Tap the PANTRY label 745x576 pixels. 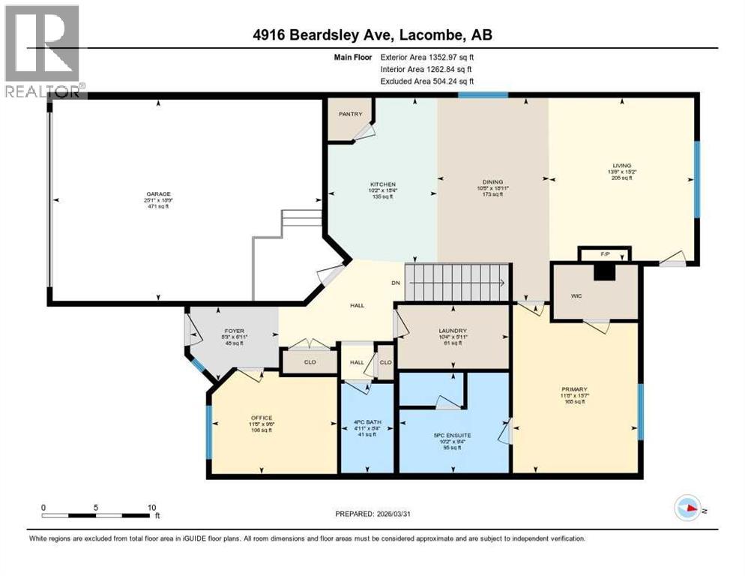350,114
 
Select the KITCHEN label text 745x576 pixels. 382,184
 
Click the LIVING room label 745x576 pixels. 621,166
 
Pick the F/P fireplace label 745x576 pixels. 606,255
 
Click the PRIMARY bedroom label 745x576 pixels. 574,389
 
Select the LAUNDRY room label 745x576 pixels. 453,331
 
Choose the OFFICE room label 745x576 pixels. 262,418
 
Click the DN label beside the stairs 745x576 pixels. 397,283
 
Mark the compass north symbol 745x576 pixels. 687,508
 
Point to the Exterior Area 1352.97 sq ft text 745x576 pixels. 427,56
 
